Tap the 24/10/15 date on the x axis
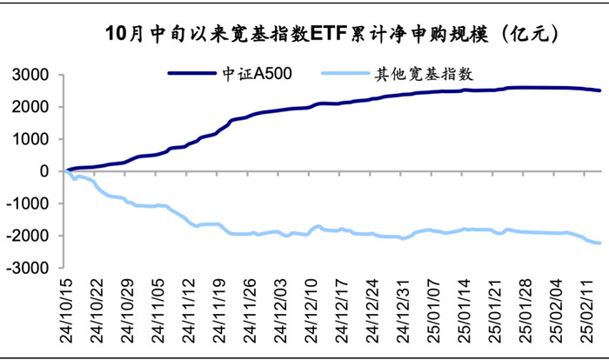click(x=68, y=303)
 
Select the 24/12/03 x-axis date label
click(x=280, y=303)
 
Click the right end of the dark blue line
click(x=599, y=90)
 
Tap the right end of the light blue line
click(x=599, y=243)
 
